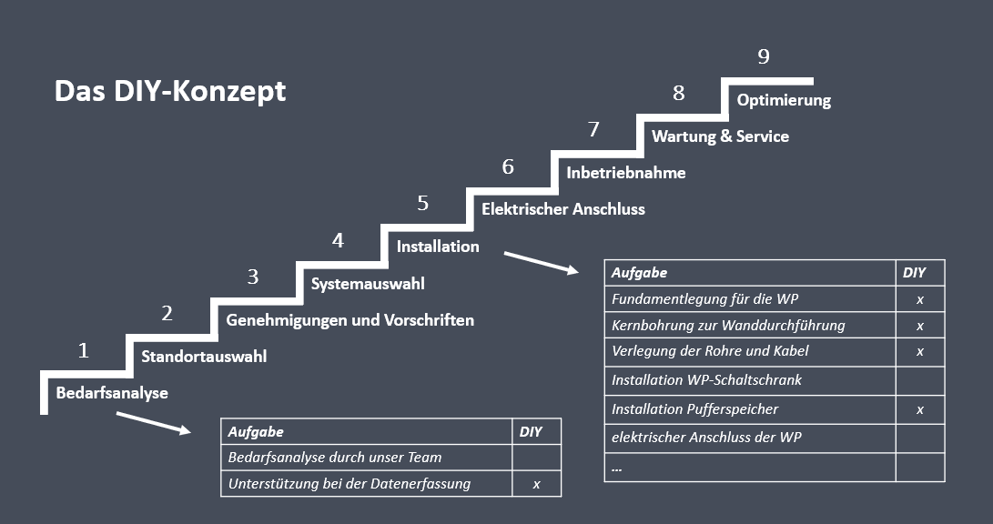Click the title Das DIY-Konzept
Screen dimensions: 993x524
pos(170,91)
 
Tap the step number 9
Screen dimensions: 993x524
pos(764,56)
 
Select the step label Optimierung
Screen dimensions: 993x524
pos(784,101)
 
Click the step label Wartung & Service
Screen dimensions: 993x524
pos(720,136)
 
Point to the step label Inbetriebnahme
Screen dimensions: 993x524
pos(625,173)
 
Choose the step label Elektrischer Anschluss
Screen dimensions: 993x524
pos(563,209)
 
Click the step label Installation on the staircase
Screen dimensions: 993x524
pos(438,247)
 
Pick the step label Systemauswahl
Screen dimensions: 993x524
pos(368,284)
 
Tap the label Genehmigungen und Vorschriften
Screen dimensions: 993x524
pos(350,320)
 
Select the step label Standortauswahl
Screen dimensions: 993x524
pos(204,357)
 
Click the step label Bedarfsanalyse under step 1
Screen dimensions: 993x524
pos(112,393)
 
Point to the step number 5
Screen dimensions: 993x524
pos(423,203)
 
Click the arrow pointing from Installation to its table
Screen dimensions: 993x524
pos(542,263)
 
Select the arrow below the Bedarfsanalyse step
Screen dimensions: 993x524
pos(154,423)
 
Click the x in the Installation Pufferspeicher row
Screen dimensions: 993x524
pos(920,410)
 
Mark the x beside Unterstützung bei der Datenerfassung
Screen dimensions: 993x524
pos(536,485)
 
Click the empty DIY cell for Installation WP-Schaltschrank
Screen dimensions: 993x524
pos(920,381)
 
